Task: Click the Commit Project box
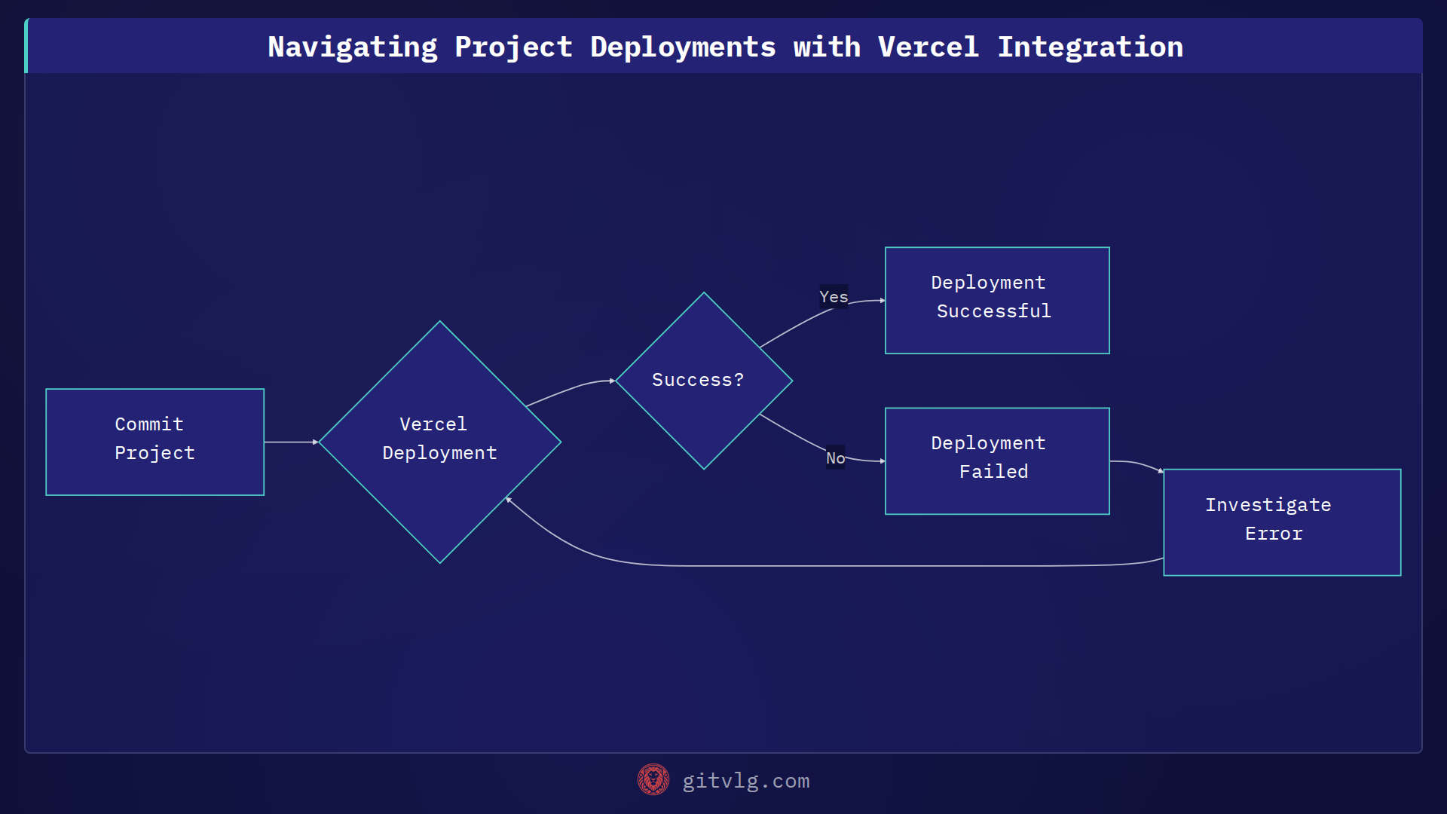click(154, 442)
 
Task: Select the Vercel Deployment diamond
click(439, 442)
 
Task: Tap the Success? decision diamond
click(703, 381)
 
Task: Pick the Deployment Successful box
click(996, 300)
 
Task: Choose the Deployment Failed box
click(996, 461)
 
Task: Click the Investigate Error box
click(1281, 522)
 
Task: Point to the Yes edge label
click(834, 297)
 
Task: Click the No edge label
click(835, 457)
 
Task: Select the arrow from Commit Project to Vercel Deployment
click(291, 442)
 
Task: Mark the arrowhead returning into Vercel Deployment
click(509, 499)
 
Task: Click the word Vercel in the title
click(928, 47)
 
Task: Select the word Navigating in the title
click(352, 47)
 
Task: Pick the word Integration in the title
click(1090, 47)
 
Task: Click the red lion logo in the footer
click(653, 779)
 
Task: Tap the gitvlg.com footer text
click(745, 781)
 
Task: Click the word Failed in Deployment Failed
click(993, 472)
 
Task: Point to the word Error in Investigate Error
click(1273, 534)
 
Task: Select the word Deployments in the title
click(682, 47)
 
